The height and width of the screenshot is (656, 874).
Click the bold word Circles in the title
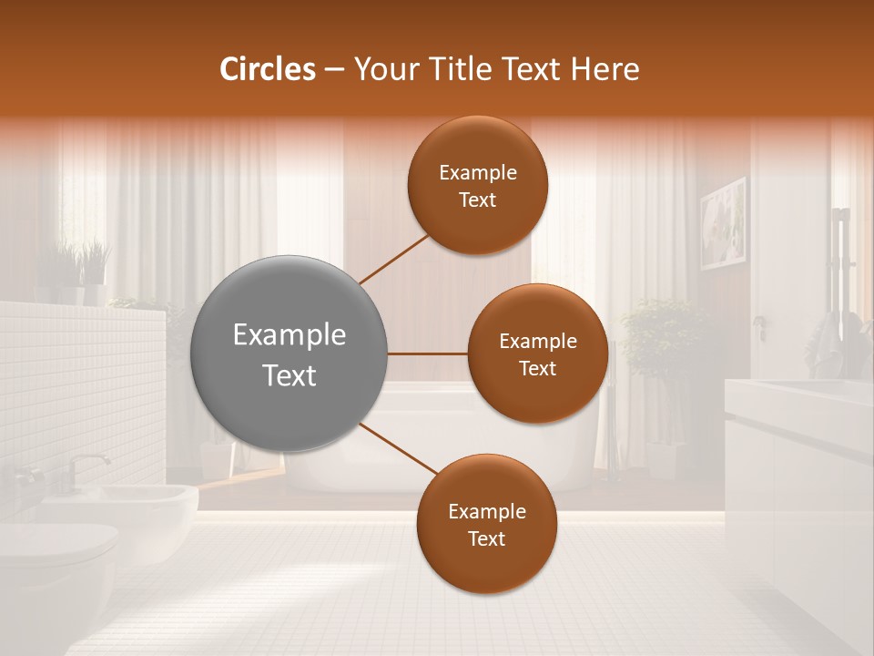267,69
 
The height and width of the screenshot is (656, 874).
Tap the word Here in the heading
605,69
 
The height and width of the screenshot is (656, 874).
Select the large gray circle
289,354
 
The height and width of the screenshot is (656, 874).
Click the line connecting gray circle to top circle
393,260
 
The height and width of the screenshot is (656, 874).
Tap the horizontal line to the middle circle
428,354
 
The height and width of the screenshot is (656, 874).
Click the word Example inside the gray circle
289,334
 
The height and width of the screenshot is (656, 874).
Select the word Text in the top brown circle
477,200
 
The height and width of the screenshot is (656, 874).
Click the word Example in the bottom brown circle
486,512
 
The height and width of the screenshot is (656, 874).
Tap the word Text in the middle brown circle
537,369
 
